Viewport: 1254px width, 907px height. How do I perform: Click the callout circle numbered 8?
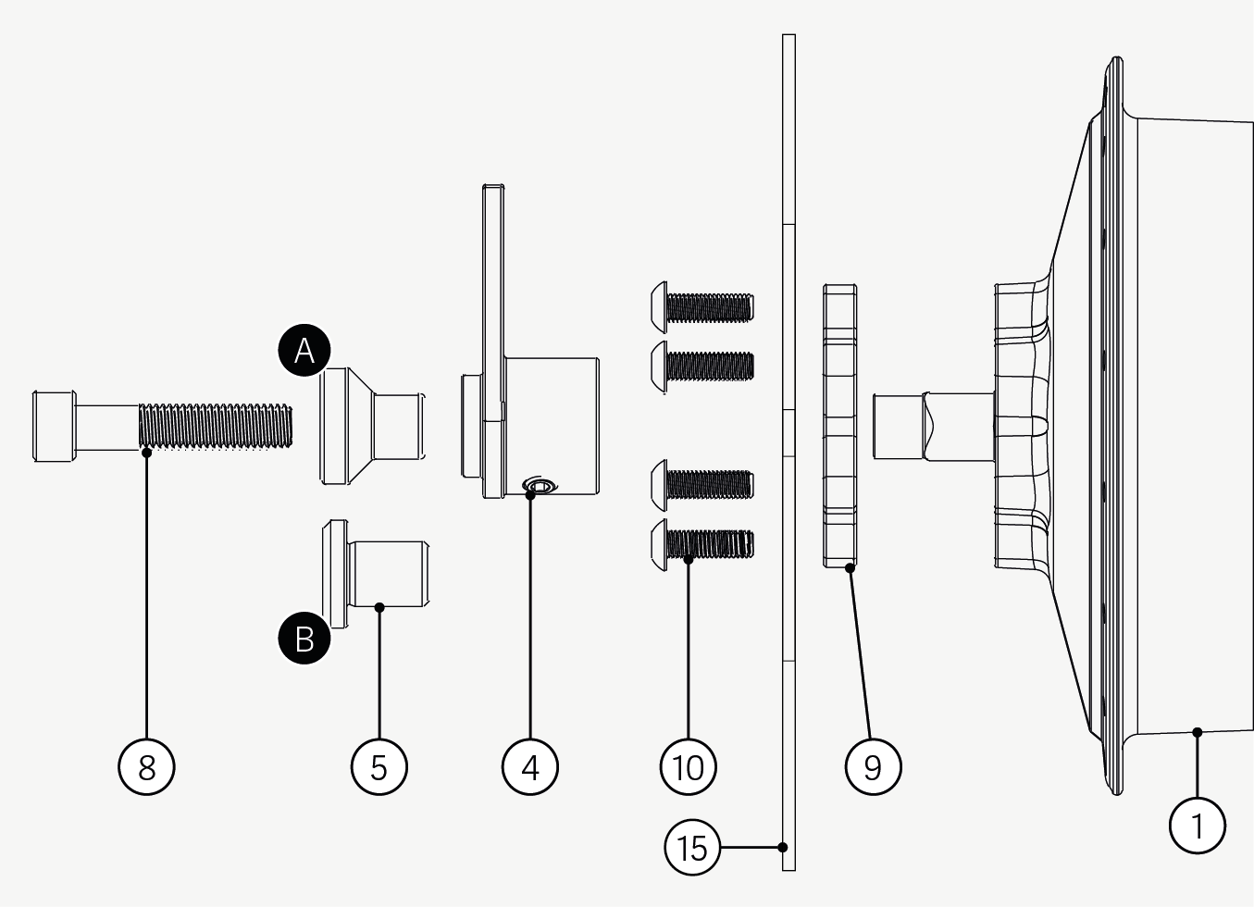tap(146, 766)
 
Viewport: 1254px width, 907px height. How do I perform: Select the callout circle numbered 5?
tap(379, 766)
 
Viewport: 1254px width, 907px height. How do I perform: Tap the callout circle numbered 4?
tap(530, 766)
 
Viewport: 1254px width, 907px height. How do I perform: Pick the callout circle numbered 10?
tap(689, 766)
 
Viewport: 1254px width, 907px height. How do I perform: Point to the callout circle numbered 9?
tap(873, 766)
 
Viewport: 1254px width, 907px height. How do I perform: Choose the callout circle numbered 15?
tap(692, 847)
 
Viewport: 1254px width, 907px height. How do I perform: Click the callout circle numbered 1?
tap(1197, 825)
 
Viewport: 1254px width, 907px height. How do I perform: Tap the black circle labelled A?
tap(304, 351)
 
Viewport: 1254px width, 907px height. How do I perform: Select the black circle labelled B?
tap(304, 639)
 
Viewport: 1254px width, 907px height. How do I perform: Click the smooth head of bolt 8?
tap(55, 426)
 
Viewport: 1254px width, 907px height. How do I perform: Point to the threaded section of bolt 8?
tap(215, 426)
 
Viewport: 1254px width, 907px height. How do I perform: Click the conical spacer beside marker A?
tap(370, 426)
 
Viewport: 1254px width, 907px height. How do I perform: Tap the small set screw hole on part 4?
tap(540, 485)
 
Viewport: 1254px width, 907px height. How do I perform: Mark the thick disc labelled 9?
tap(839, 426)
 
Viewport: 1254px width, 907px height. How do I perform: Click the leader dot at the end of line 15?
tap(783, 847)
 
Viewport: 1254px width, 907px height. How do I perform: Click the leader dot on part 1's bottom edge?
tap(1197, 732)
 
